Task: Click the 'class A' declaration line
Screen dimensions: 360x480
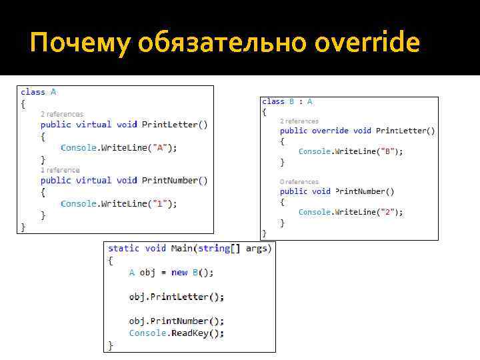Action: (39, 92)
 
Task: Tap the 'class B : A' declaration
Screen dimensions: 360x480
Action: (287, 101)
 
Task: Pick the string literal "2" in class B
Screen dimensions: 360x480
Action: (389, 212)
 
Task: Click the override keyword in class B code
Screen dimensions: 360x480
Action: (330, 131)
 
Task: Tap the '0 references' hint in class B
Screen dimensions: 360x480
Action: (299, 181)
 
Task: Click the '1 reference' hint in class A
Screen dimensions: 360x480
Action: (59, 170)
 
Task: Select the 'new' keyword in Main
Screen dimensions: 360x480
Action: (179, 272)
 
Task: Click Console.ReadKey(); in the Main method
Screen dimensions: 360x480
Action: (177, 333)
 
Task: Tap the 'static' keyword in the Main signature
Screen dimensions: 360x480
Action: (123, 248)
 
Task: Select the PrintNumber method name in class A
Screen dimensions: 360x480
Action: (170, 180)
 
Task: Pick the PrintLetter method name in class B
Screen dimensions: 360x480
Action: (402, 131)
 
